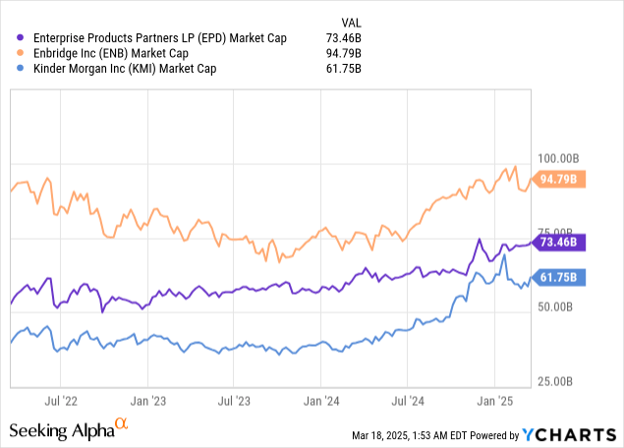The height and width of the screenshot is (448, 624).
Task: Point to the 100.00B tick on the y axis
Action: point(563,158)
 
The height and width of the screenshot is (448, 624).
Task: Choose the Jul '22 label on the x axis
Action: point(60,401)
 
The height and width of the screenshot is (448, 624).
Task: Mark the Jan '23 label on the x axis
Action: point(146,401)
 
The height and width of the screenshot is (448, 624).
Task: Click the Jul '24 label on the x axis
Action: point(407,401)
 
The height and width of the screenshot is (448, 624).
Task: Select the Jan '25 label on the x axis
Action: point(494,401)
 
